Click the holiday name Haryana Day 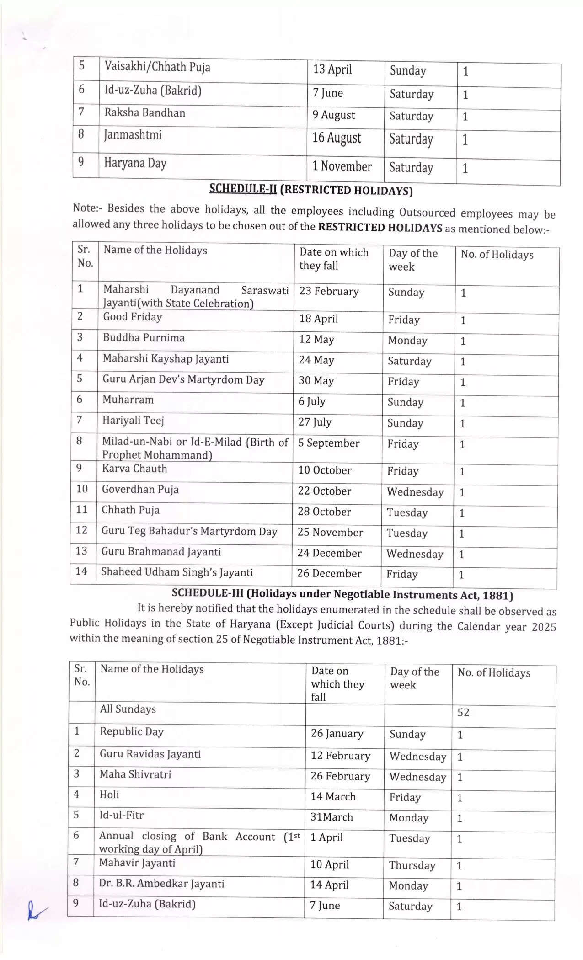pyautogui.click(x=135, y=163)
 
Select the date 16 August pyautogui.click(x=337, y=138)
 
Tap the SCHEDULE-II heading pyautogui.click(x=311, y=190)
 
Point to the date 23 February pyautogui.click(x=329, y=292)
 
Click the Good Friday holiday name pyautogui.click(x=133, y=317)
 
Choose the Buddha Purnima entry pyautogui.click(x=144, y=338)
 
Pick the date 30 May pyautogui.click(x=316, y=381)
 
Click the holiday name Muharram pyautogui.click(x=128, y=400)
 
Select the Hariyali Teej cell pyautogui.click(x=133, y=421)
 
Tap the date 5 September pyautogui.click(x=329, y=443)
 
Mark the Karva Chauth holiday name pyautogui.click(x=134, y=469)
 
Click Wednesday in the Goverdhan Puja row pyautogui.click(x=415, y=492)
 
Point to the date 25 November pyautogui.click(x=330, y=533)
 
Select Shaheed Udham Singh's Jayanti pyautogui.click(x=177, y=572)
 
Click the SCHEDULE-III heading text pyautogui.click(x=342, y=595)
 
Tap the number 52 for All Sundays pyautogui.click(x=463, y=713)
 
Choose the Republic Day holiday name pyautogui.click(x=132, y=731)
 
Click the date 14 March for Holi pyautogui.click(x=333, y=797)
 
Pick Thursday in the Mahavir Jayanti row pyautogui.click(x=412, y=865)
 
